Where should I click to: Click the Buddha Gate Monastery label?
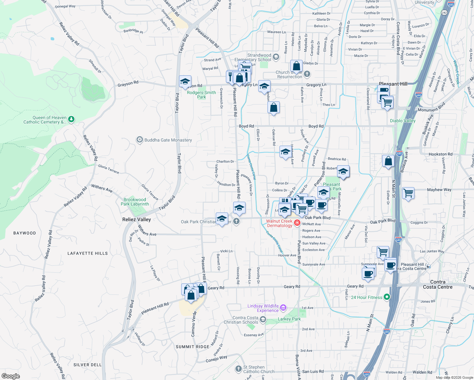tap(168, 140)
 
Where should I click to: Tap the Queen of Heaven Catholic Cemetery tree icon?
tap(71, 119)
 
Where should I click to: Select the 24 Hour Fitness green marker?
tap(387, 297)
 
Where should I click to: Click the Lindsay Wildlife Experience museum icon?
tap(283, 307)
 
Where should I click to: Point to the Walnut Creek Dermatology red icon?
tap(297, 223)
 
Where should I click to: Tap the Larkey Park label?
tap(289, 319)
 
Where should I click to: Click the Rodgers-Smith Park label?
tap(202, 95)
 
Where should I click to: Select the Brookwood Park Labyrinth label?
tap(135, 202)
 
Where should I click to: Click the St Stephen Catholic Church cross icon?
tap(239, 369)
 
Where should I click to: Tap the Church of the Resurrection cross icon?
tap(307, 74)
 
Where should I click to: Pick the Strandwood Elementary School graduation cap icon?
tap(276, 57)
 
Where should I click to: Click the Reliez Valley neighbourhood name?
tap(137, 219)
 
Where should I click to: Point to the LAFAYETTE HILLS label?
tap(87, 253)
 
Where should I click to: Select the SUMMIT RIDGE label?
tap(193, 347)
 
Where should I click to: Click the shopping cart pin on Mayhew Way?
tap(408, 193)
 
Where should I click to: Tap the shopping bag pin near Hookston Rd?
tap(388, 161)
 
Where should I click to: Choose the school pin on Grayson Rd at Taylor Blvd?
tap(185, 82)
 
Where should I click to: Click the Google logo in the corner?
tap(10, 376)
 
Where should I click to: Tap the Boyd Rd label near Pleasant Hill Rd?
tap(246, 126)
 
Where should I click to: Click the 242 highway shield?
tap(444, 13)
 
